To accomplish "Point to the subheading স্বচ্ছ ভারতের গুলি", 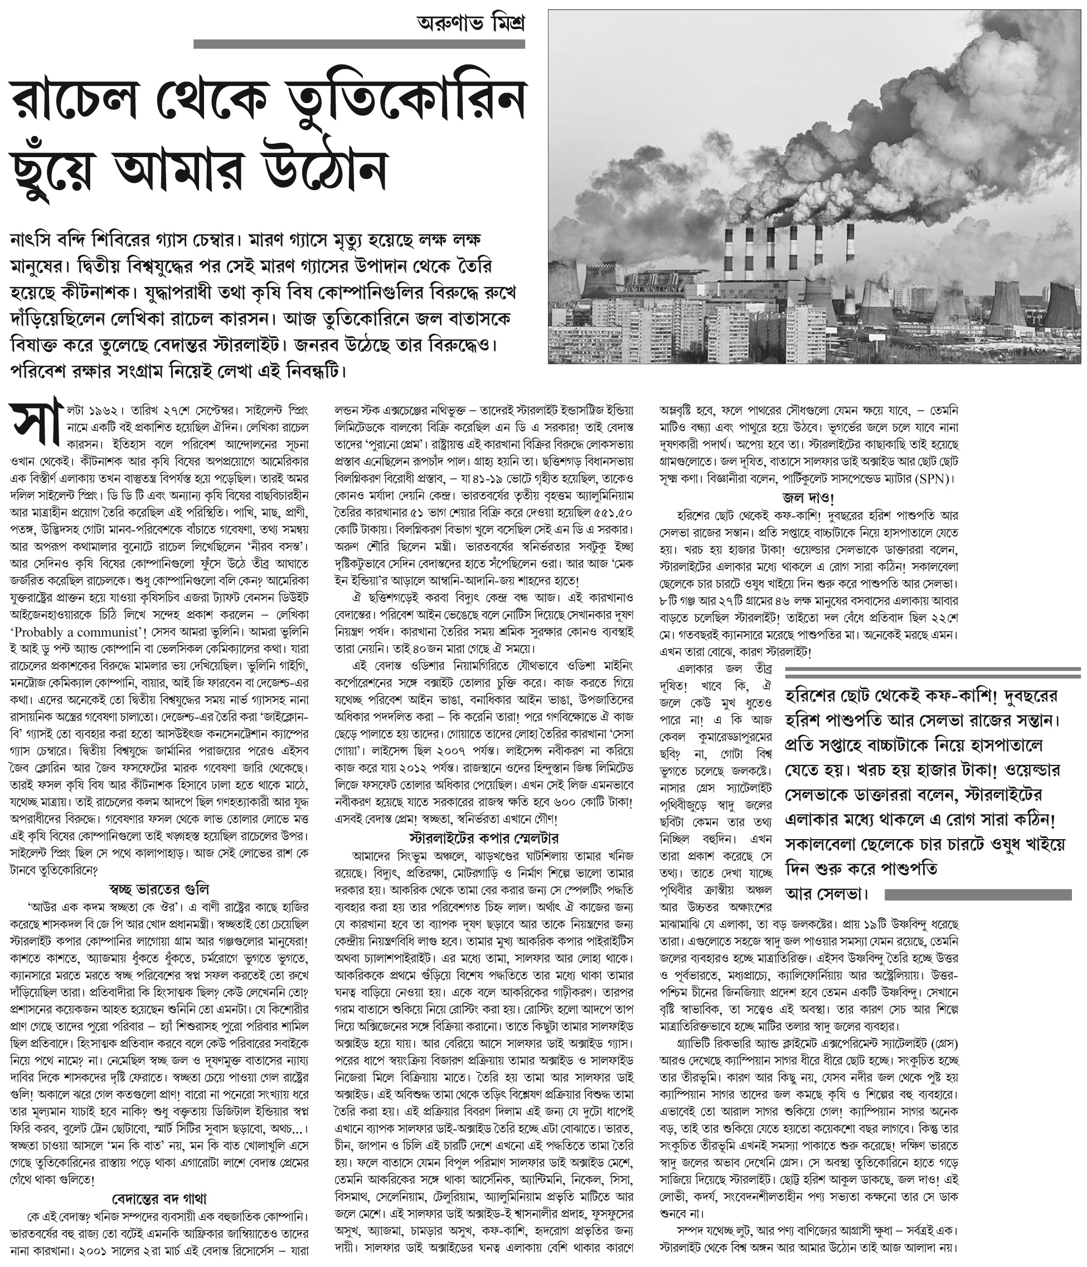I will [158, 888].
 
